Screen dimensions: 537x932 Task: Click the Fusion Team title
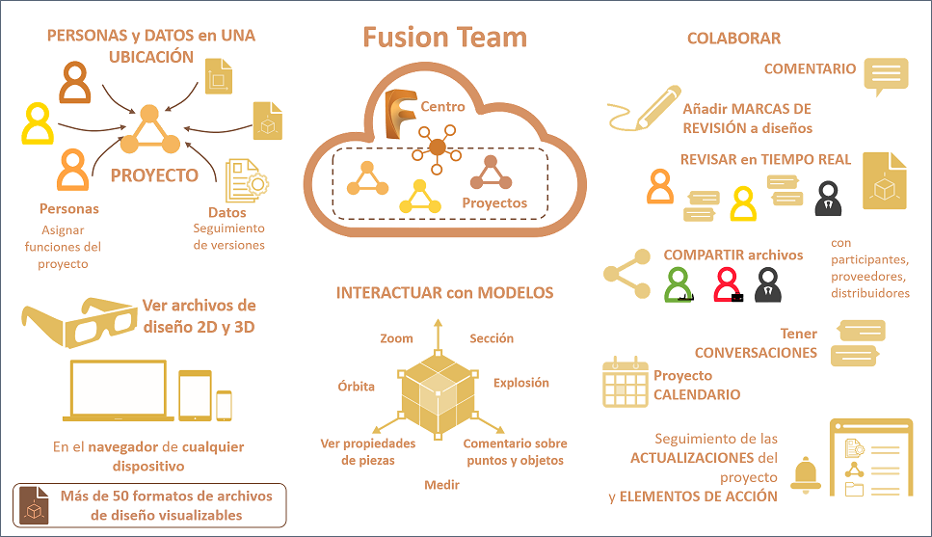coord(444,38)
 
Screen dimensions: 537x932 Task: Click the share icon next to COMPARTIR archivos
coord(627,274)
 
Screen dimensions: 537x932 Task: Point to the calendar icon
coord(625,382)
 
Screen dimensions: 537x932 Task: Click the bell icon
coord(806,475)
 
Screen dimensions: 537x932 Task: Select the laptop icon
coord(120,391)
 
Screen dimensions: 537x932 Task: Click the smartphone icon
coord(224,405)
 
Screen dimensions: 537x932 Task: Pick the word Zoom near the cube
coord(396,338)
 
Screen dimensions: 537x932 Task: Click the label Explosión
coord(520,383)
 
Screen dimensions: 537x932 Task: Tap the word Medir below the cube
coord(441,484)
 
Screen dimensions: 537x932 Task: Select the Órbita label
coord(356,387)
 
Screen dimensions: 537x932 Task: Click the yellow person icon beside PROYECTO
coord(39,122)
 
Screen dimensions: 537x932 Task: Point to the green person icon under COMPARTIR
coord(681,283)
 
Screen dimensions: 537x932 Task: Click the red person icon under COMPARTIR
coord(728,283)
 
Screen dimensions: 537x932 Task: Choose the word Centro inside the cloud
coord(442,107)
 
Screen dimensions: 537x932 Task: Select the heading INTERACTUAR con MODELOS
coord(444,292)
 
